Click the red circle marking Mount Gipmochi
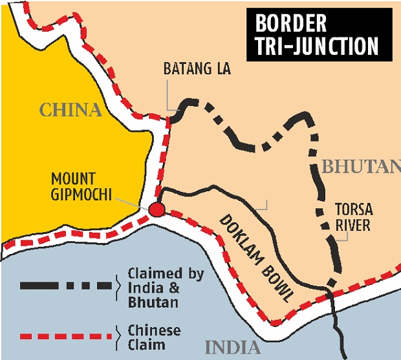tap(156, 210)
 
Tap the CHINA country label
tap(71, 111)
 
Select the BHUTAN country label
tap(360, 167)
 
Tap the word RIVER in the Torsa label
tap(352, 226)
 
